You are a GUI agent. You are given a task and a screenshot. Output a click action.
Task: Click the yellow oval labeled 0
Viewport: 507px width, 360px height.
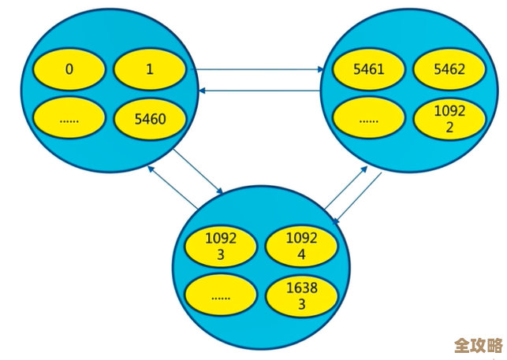click(69, 69)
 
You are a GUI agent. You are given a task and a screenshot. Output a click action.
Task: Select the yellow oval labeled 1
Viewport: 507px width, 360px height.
click(150, 69)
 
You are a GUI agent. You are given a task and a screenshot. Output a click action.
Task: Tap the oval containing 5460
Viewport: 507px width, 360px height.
click(150, 119)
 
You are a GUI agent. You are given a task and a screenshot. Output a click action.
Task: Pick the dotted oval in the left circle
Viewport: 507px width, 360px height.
click(69, 119)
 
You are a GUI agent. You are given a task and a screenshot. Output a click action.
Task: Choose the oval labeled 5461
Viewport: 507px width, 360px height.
click(369, 69)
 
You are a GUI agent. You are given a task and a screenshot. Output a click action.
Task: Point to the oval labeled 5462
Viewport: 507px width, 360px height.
click(449, 69)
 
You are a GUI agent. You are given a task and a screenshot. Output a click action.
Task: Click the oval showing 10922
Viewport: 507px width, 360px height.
click(449, 119)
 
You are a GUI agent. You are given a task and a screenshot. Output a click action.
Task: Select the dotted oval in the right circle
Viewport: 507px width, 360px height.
click(369, 121)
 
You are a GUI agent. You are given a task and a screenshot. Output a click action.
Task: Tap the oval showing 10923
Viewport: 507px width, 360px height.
click(220, 246)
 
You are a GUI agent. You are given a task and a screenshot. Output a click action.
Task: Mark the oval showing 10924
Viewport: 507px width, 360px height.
click(301, 246)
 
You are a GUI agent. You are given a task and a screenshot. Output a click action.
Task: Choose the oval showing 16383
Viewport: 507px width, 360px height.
click(301, 296)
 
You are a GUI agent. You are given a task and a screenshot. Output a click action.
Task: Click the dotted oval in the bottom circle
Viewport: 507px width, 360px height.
click(220, 296)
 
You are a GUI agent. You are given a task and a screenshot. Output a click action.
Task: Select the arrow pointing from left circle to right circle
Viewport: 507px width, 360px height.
click(260, 69)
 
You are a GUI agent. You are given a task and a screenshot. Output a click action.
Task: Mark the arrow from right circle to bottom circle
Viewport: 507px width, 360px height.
click(359, 199)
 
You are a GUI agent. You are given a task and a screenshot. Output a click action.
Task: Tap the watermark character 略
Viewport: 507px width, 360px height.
click(495, 346)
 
